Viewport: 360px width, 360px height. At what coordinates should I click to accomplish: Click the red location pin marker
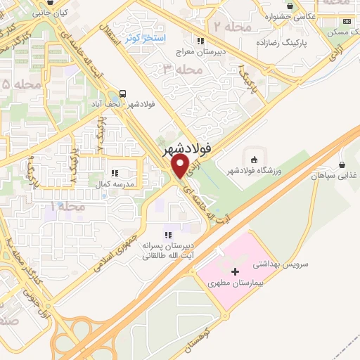click(180, 166)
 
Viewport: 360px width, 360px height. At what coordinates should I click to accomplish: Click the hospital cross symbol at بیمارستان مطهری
click(235, 271)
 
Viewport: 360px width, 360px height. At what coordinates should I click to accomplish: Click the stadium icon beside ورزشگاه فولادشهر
click(252, 156)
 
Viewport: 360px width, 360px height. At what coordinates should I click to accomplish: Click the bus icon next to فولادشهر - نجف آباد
click(124, 94)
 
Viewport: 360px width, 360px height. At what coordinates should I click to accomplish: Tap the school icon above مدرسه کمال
click(113, 173)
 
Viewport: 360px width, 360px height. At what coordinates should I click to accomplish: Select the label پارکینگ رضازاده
click(299, 42)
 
